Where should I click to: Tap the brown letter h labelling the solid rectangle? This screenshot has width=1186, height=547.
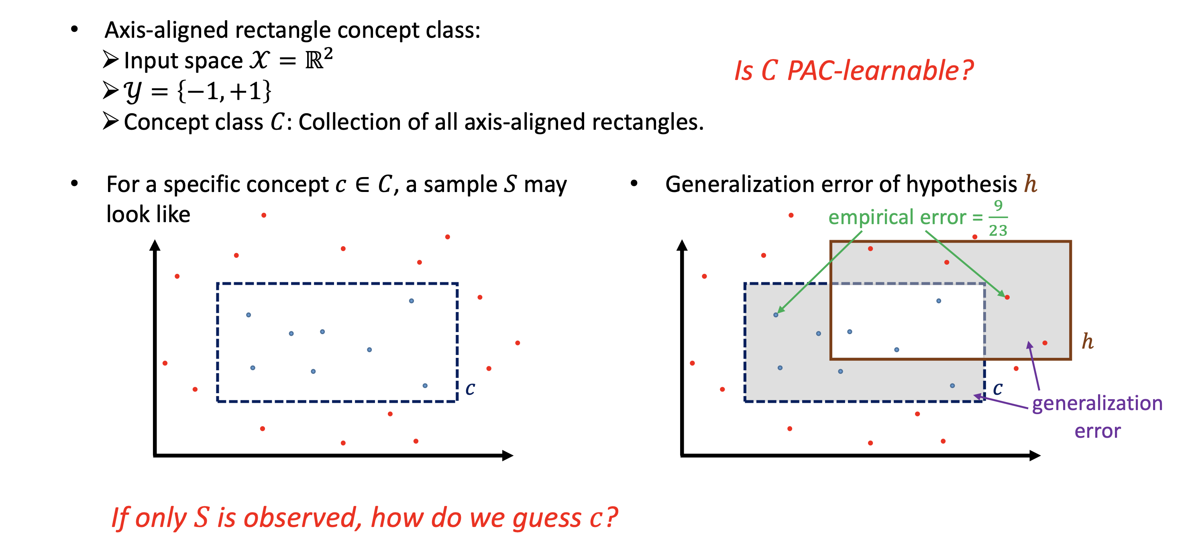tap(1088, 341)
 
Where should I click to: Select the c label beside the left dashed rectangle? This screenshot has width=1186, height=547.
tap(470, 389)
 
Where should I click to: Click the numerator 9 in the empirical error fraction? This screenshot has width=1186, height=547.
tap(998, 205)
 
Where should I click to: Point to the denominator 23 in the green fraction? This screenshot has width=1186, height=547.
tap(998, 230)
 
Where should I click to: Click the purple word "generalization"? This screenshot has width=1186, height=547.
tap(1097, 404)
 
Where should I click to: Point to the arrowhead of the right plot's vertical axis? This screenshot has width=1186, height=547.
tap(682, 245)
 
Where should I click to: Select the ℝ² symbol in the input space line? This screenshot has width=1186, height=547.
tap(319, 59)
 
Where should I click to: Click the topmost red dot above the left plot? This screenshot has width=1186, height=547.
tap(264, 215)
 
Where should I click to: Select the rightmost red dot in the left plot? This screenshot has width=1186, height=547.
tap(518, 343)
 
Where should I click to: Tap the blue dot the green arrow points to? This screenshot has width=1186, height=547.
tap(776, 315)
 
